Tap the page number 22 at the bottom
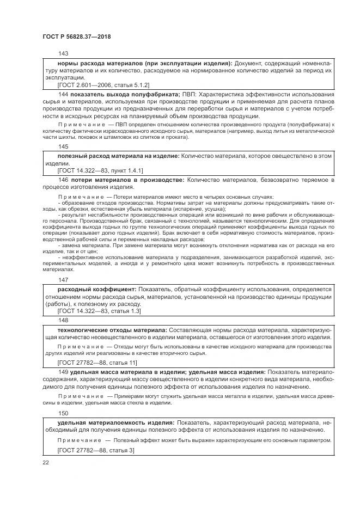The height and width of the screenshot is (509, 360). [x=46, y=462]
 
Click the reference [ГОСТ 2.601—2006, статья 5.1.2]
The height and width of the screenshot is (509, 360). [x=103, y=85]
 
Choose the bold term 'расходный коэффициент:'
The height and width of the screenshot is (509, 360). [x=97, y=289]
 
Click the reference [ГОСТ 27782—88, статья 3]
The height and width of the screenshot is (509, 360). [x=96, y=450]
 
